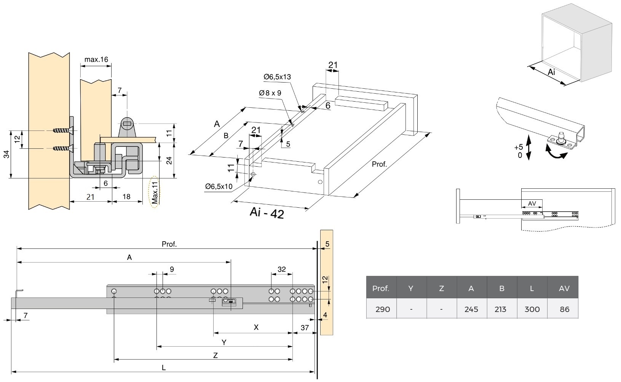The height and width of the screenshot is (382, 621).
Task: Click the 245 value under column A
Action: point(471,309)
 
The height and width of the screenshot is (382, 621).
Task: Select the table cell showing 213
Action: point(501,309)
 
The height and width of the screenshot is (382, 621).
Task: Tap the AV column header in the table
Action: point(564,288)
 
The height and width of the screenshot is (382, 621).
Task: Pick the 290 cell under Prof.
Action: point(382,309)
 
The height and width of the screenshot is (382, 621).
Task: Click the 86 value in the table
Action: point(564,309)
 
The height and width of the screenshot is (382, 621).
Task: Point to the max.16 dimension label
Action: point(96,59)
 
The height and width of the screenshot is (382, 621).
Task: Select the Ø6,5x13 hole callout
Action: point(277,77)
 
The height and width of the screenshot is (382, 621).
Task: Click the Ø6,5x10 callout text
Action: point(219,186)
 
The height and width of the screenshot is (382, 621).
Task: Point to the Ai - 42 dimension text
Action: point(267,213)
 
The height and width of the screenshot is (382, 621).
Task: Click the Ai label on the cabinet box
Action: point(552,72)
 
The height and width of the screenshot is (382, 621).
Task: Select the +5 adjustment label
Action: point(518,147)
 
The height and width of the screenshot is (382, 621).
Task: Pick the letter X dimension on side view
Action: point(256,327)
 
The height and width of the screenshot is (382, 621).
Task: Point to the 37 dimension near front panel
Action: point(304,327)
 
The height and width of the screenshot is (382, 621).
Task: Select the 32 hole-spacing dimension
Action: point(281,269)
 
